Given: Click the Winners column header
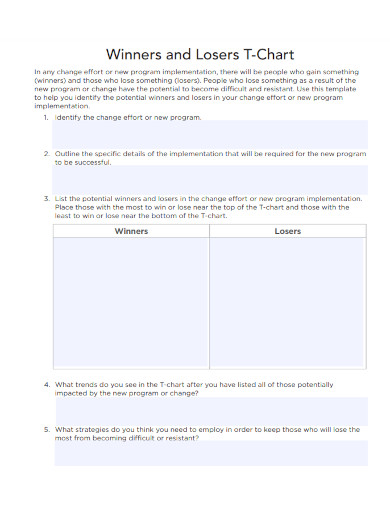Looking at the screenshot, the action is (x=131, y=231).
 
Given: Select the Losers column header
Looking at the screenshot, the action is (x=288, y=231).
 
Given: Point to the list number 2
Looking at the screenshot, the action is (x=46, y=153).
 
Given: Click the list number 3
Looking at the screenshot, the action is (x=46, y=198).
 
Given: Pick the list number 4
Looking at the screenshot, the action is (x=46, y=384).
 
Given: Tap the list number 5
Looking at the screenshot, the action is (x=46, y=428).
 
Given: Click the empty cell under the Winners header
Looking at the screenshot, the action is (x=131, y=305).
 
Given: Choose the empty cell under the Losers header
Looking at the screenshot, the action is (x=288, y=305).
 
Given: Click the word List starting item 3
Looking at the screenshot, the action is (x=62, y=198).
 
